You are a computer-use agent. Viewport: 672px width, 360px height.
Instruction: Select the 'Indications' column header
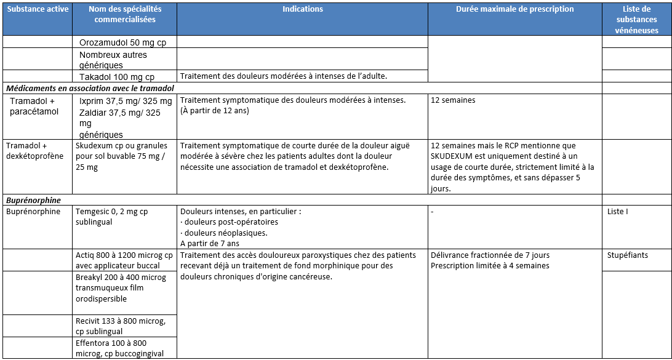(x=303, y=9)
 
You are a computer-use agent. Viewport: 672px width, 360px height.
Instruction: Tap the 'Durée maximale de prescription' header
(x=515, y=9)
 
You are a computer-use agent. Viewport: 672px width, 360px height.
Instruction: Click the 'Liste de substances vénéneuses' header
(x=636, y=20)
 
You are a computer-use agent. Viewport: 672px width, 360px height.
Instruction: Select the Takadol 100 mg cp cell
(x=117, y=77)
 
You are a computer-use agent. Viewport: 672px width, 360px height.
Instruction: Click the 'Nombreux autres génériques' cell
(x=113, y=60)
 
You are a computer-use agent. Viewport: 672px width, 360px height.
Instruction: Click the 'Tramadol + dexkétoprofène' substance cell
(x=35, y=151)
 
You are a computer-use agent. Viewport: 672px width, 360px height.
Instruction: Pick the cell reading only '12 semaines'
(x=453, y=100)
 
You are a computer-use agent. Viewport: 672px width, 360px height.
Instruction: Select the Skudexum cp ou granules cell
(x=124, y=156)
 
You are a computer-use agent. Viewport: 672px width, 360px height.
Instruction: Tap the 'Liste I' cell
(x=618, y=212)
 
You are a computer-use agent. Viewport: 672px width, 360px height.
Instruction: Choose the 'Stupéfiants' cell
(x=627, y=255)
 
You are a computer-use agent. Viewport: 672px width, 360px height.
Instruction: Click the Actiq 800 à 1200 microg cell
(x=124, y=260)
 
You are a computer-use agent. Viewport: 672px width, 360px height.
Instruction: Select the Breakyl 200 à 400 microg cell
(x=121, y=288)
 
